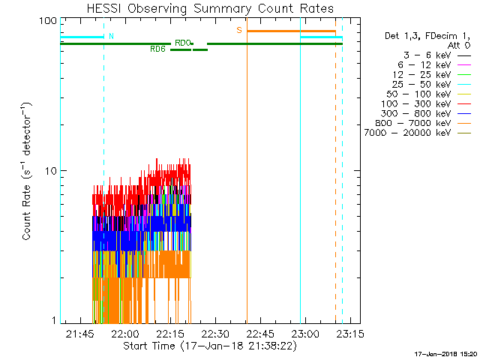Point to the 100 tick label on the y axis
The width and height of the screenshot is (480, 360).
click(49, 20)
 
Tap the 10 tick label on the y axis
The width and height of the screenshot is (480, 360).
click(51, 171)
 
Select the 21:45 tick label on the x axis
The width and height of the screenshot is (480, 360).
click(79, 333)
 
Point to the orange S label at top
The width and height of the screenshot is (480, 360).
click(239, 30)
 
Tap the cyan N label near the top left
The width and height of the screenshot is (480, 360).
click(112, 36)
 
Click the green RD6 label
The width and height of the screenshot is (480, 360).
click(157, 49)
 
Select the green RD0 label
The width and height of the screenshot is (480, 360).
click(182, 43)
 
